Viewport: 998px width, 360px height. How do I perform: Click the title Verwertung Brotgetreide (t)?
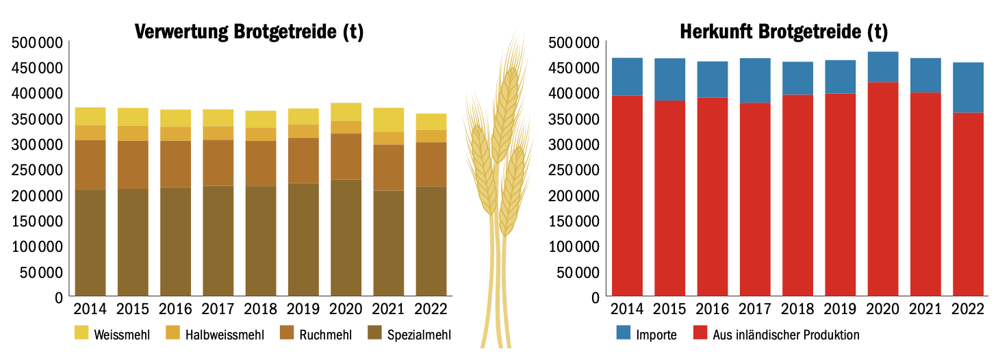coord(248,31)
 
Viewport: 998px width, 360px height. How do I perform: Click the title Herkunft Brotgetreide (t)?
coord(783,31)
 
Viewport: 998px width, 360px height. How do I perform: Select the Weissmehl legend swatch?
coord(83,334)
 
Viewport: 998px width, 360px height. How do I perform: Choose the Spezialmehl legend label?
coord(418,335)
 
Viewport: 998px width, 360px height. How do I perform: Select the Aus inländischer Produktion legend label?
coord(785,335)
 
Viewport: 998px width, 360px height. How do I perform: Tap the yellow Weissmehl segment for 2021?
coord(389,120)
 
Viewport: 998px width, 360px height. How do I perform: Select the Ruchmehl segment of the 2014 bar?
coord(90,165)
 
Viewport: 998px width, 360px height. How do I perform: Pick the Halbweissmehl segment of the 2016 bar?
coord(176,133)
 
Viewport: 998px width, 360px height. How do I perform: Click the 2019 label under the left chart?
coord(303,309)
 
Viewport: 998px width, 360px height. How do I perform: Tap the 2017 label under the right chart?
coord(755,309)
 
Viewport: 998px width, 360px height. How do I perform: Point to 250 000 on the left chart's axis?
coord(38,170)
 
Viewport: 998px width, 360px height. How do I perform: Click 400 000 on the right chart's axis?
coord(574,93)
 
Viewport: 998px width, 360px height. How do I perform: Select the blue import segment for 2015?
coord(670,79)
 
